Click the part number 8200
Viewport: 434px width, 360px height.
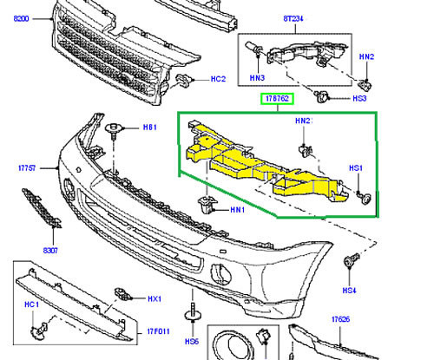[18, 19]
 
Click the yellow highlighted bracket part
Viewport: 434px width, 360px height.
[260, 165]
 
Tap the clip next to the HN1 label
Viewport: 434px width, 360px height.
[206, 207]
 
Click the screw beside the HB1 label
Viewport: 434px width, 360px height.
[113, 133]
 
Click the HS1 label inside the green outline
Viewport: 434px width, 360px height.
[355, 167]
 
